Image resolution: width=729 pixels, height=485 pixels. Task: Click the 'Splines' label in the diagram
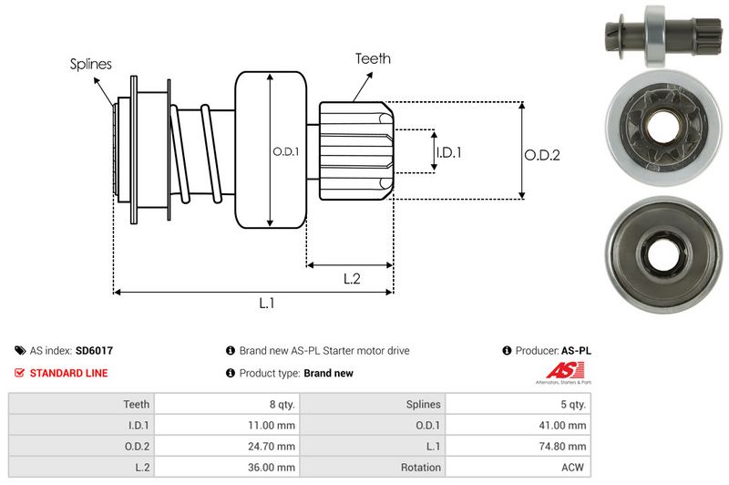click(91, 64)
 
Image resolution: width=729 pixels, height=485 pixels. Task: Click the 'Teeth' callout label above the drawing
click(373, 58)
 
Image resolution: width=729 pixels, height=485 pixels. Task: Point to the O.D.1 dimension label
click(285, 151)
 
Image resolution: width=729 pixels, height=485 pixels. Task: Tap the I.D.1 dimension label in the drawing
click(448, 152)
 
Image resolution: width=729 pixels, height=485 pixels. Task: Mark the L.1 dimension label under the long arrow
click(267, 304)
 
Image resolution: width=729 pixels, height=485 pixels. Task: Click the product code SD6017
click(94, 350)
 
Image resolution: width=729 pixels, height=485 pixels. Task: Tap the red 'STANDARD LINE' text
click(68, 373)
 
